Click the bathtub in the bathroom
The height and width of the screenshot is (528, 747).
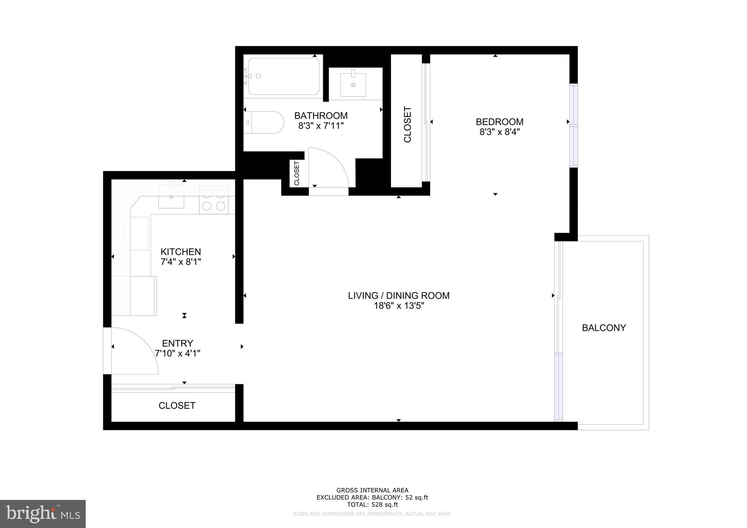point(284,77)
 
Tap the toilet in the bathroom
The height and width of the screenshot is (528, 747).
point(264,123)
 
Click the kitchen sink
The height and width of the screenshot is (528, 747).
point(171,197)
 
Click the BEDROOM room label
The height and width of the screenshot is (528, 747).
point(499,122)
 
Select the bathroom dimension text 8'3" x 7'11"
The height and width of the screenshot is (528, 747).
point(321,126)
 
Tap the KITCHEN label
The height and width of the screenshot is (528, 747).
point(181,252)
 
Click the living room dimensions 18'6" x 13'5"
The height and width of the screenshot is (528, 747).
point(399,306)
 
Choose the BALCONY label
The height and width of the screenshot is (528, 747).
point(604,328)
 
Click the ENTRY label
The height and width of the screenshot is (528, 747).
point(178,343)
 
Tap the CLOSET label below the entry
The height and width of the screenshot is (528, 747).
point(177,405)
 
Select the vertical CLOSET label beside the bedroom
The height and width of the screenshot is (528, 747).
point(407,124)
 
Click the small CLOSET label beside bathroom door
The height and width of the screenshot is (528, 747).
point(297,173)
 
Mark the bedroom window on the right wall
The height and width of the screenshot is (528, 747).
point(574,126)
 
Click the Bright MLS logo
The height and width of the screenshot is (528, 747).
point(43,514)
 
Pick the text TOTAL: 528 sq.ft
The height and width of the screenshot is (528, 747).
point(372,505)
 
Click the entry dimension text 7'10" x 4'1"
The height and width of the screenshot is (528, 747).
point(178,353)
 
